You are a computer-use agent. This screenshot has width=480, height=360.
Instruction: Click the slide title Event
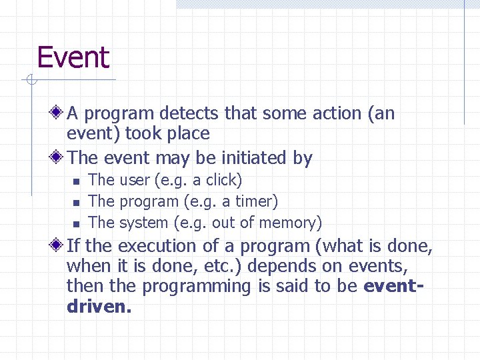pyautogui.click(x=73, y=58)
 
